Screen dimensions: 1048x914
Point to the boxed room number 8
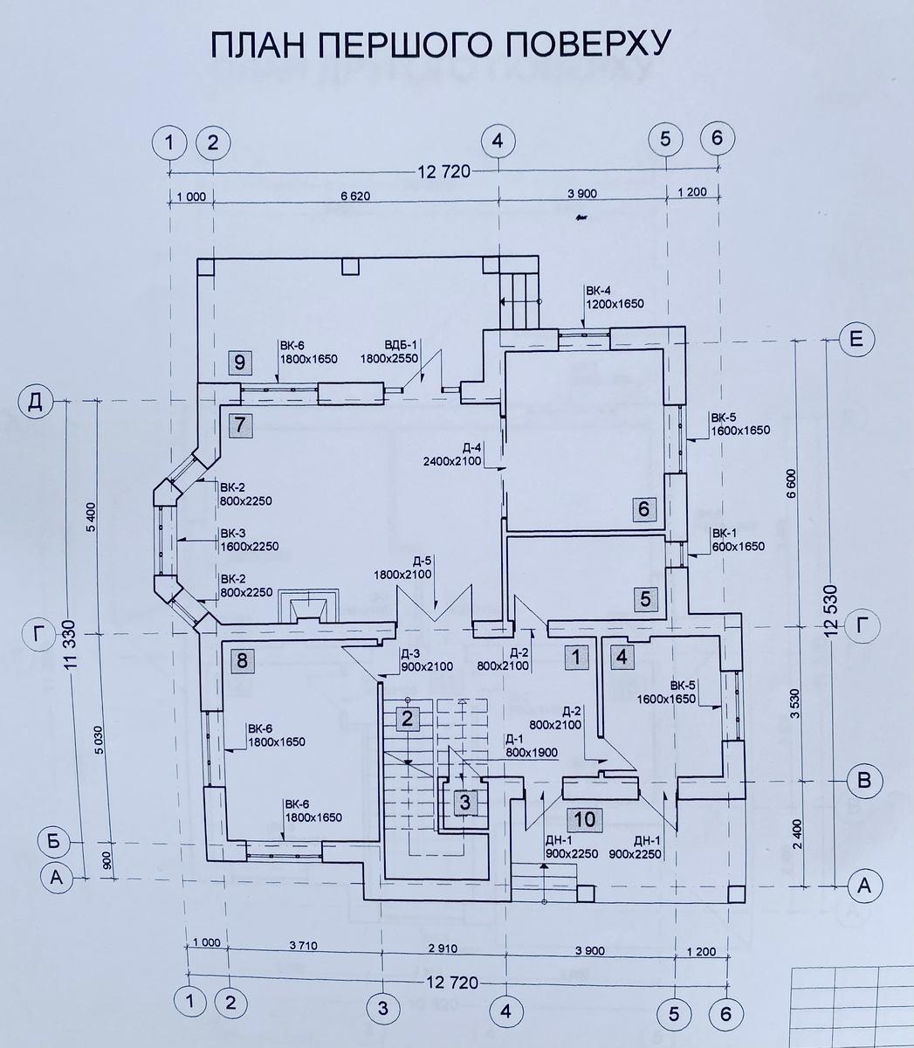click(x=242, y=660)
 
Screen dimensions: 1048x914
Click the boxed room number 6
click(x=644, y=508)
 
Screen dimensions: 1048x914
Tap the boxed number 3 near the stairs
click(x=465, y=801)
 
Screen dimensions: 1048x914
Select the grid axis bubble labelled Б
click(x=55, y=842)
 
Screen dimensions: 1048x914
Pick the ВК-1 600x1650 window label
click(x=738, y=540)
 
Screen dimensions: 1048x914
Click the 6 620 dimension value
click(x=354, y=195)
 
